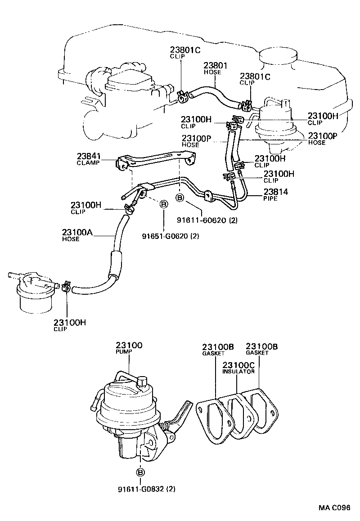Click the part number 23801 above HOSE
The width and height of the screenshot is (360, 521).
[216, 65]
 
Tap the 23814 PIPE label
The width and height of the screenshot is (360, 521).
[276, 194]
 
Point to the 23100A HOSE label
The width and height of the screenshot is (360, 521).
[77, 235]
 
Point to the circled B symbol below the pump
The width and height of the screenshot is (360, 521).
[140, 472]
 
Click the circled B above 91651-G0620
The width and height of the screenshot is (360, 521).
[164, 205]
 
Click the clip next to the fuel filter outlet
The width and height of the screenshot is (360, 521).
[66, 286]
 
